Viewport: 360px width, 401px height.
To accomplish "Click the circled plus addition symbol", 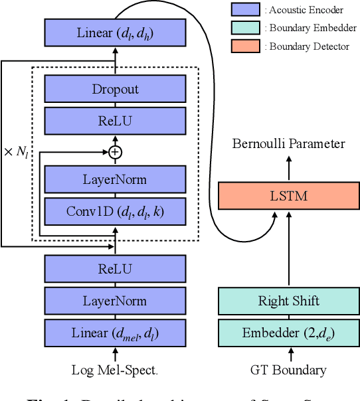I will [x=116, y=152].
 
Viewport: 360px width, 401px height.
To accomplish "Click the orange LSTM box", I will [x=288, y=197].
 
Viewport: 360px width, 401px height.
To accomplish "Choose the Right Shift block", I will [x=288, y=301].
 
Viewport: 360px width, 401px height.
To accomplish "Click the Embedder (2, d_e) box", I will [x=288, y=332].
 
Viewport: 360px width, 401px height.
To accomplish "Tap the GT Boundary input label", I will [x=288, y=370].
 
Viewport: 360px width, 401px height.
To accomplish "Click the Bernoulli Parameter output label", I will [x=288, y=144].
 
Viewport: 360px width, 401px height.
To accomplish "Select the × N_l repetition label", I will [x=17, y=151].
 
